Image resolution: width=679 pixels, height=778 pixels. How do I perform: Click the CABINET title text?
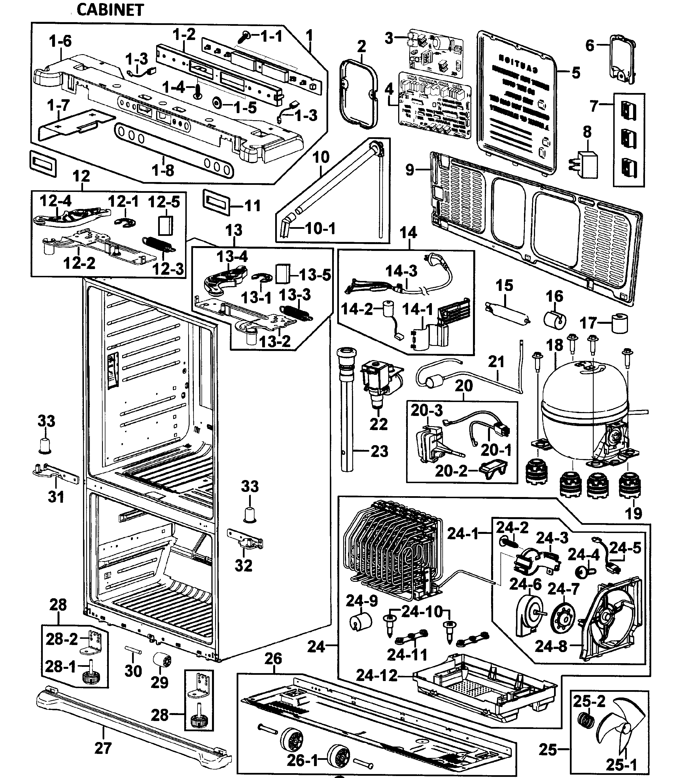click(x=110, y=10)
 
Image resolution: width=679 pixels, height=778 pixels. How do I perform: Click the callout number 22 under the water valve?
click(x=379, y=424)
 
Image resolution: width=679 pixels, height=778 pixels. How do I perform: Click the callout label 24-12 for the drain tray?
click(x=377, y=675)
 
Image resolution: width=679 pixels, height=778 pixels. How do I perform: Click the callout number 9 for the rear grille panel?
click(x=410, y=170)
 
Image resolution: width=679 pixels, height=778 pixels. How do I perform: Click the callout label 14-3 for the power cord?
click(x=401, y=271)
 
